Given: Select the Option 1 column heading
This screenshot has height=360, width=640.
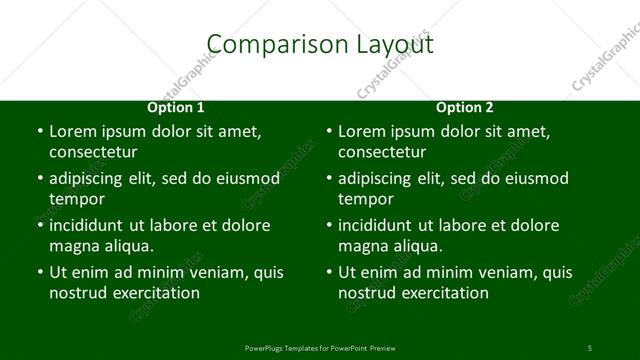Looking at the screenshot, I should (x=176, y=107).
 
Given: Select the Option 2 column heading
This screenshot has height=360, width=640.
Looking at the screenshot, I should (x=465, y=107).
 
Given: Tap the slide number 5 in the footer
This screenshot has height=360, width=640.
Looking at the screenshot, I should (x=589, y=347).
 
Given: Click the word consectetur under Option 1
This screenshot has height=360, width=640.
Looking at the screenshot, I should (x=93, y=152).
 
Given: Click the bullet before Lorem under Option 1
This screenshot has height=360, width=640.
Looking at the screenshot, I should (x=39, y=132).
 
